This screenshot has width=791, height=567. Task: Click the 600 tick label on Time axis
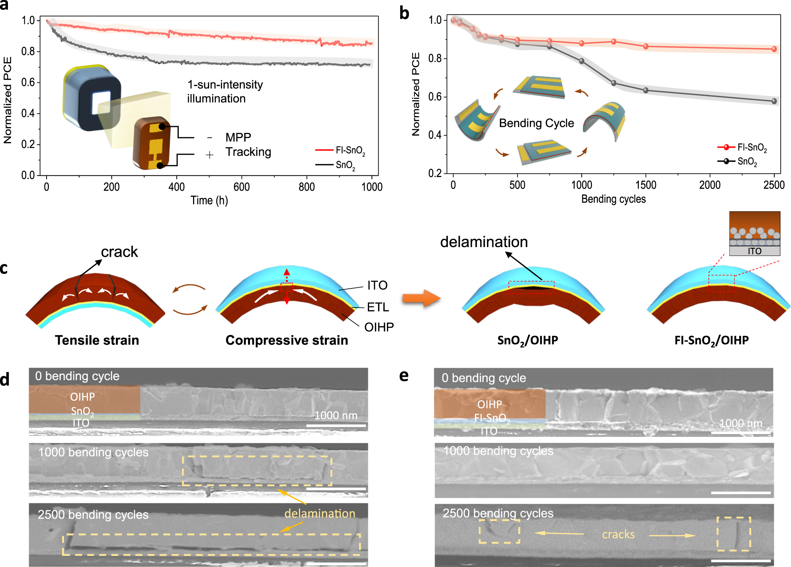[x=241, y=187]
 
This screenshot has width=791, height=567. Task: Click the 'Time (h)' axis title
[x=209, y=200]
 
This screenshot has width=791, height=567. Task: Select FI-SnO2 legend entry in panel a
[x=350, y=150]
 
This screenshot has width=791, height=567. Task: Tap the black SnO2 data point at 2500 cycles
[x=774, y=101]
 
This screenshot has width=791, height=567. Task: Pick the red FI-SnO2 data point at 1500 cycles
[x=646, y=47]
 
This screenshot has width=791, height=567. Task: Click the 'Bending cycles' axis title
[x=613, y=199]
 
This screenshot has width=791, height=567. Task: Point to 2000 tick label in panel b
[x=709, y=185]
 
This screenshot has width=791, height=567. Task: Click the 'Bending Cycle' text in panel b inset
[x=536, y=123]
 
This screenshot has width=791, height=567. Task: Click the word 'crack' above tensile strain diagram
[x=119, y=252]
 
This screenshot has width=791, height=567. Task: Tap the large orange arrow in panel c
[x=421, y=298]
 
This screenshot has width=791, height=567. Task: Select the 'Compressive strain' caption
[x=287, y=340]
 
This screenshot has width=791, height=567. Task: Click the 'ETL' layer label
[x=378, y=307]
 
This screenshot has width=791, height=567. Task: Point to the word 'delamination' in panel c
[x=484, y=242]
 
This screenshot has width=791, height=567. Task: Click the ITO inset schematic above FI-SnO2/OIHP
[x=754, y=234]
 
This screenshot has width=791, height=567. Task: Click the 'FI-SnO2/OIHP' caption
[x=711, y=340]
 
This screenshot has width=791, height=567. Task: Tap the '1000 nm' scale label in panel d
[x=336, y=415]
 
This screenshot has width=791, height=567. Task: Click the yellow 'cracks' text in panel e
[x=618, y=534]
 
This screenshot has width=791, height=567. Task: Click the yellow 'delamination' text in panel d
[x=319, y=513]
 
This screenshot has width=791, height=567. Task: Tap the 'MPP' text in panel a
[x=238, y=137]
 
